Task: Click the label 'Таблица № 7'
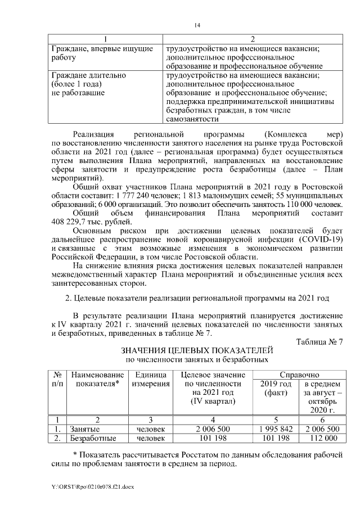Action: [319, 341]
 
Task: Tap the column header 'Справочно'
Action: [299, 375]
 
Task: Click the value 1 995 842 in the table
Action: [276, 429]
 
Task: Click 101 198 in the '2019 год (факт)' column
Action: [276, 438]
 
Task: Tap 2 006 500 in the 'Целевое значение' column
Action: [213, 429]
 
